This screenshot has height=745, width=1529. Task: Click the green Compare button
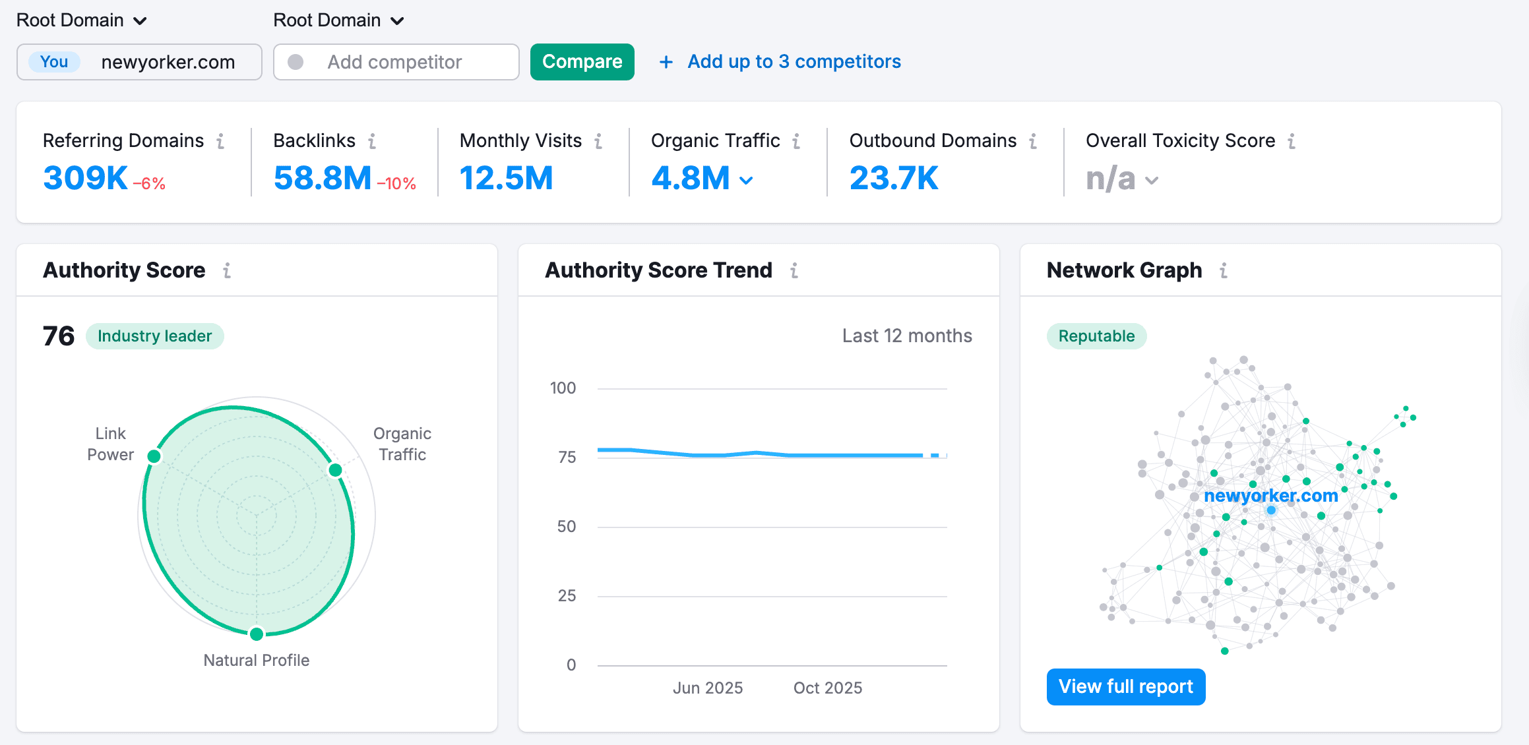coord(582,62)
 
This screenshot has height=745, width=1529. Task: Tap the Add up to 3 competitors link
coord(794,61)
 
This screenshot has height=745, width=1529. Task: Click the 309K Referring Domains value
coord(86,178)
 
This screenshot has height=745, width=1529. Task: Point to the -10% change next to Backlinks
coord(396,184)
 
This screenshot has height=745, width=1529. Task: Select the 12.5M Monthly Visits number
coord(506,178)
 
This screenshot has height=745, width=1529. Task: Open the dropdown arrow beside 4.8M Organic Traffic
coord(746,181)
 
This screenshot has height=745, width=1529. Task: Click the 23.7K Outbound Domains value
coord(893,178)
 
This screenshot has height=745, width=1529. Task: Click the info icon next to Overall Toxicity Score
coord(1292,141)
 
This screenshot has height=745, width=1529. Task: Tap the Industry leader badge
coord(155,336)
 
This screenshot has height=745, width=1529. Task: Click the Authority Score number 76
coord(59,336)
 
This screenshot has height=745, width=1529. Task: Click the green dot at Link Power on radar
coord(154,456)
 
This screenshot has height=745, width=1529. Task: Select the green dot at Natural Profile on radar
coord(257,634)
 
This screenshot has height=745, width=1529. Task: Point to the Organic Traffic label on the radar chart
coord(402,444)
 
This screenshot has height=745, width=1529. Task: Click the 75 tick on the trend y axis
coord(567,457)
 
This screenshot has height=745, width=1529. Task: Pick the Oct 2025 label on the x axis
coord(827,688)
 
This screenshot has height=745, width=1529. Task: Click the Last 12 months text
coord(907,336)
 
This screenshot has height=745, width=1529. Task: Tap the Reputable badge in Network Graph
coord(1096,336)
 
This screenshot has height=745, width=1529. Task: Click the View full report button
coord(1125,687)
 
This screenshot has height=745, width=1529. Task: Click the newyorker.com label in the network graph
coord(1270,496)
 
